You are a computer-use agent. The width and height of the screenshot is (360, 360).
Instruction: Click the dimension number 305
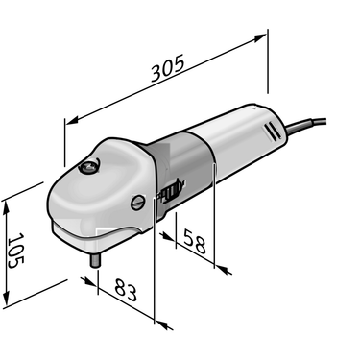click(x=168, y=68)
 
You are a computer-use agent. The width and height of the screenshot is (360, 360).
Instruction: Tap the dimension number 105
click(x=15, y=251)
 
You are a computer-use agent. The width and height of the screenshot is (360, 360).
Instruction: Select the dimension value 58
click(x=194, y=242)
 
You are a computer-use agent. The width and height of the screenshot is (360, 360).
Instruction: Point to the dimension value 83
click(x=126, y=290)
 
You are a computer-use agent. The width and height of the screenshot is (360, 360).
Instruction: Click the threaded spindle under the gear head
click(x=95, y=260)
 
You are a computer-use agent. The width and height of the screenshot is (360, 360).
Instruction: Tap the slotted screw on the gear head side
click(x=137, y=203)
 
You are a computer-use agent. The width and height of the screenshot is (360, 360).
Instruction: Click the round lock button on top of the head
click(x=89, y=166)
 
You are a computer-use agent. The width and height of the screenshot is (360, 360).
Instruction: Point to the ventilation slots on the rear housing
click(x=272, y=132)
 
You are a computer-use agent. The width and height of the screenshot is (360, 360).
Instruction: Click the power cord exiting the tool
click(x=305, y=125)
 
